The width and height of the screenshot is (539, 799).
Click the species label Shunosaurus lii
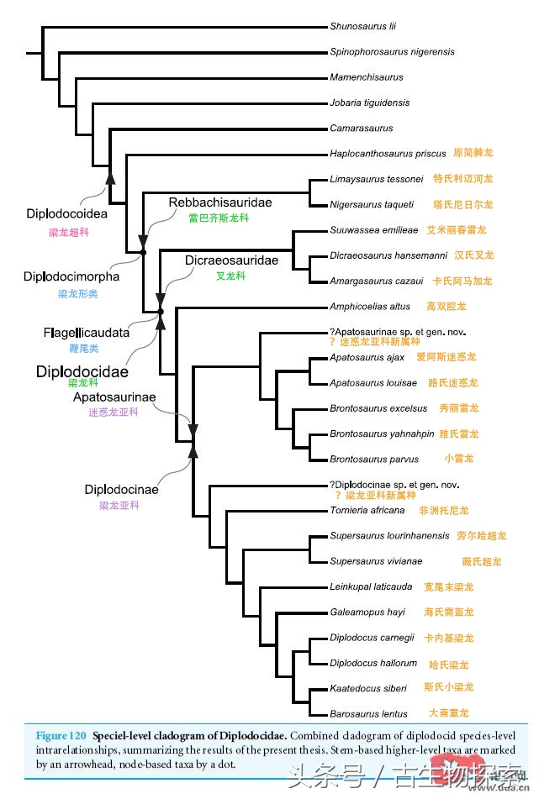point(363,26)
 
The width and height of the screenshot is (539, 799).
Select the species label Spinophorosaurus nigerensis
point(392,52)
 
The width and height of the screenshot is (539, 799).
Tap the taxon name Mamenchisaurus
point(367,77)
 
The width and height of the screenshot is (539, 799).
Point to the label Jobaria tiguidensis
point(370,103)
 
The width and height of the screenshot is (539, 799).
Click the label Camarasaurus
point(362,129)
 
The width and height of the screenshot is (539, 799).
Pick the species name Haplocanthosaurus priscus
point(388,154)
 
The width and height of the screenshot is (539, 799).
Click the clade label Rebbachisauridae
point(220,202)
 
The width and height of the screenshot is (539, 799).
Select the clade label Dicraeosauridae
point(231,260)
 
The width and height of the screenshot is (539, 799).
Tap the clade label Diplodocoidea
point(66,214)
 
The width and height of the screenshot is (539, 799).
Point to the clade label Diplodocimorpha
point(71,276)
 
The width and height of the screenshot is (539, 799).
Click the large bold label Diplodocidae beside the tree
point(82,371)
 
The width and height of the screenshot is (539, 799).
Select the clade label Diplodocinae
point(121,489)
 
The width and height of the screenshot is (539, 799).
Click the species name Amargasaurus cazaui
point(376,281)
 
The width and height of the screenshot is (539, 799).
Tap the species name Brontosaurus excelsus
point(378,408)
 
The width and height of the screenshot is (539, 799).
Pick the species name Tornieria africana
point(367,510)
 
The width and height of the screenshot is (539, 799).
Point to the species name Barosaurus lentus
point(368,714)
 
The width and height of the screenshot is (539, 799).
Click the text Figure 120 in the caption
point(61,735)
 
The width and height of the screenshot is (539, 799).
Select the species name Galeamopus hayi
point(367,612)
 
